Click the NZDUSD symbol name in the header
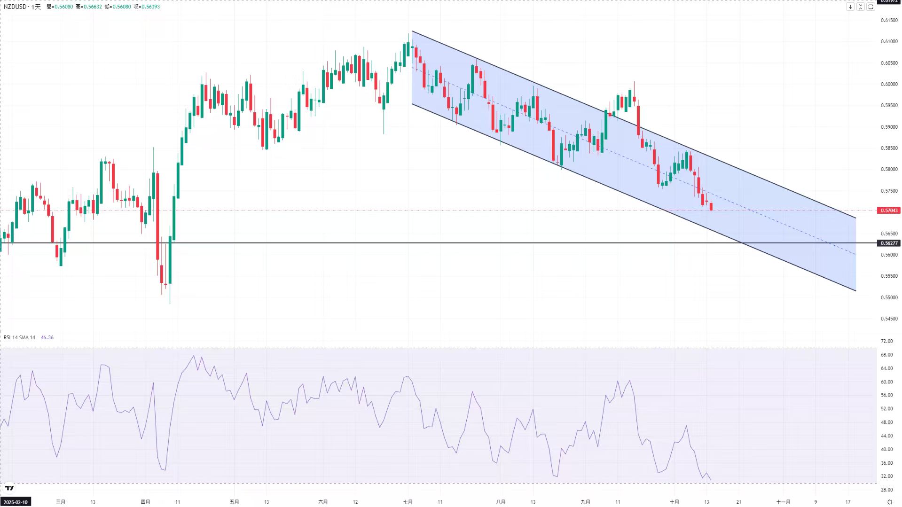[15, 7]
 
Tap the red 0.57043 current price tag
[889, 211]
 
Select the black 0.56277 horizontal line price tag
[889, 243]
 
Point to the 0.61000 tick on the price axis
[889, 41]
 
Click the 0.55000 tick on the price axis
[889, 297]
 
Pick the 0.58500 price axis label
[889, 148]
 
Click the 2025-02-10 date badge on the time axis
[16, 502]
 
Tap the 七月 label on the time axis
[408, 502]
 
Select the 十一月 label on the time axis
[783, 502]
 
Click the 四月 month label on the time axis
[145, 502]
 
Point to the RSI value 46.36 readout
[47, 337]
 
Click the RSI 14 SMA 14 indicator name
[19, 337]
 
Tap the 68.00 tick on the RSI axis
[886, 355]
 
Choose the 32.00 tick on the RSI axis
[886, 476]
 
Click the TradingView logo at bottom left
[9, 488]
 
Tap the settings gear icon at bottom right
[889, 502]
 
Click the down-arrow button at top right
[850, 7]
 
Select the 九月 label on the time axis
[585, 502]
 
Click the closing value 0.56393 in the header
[150, 7]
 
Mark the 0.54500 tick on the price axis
[889, 319]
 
